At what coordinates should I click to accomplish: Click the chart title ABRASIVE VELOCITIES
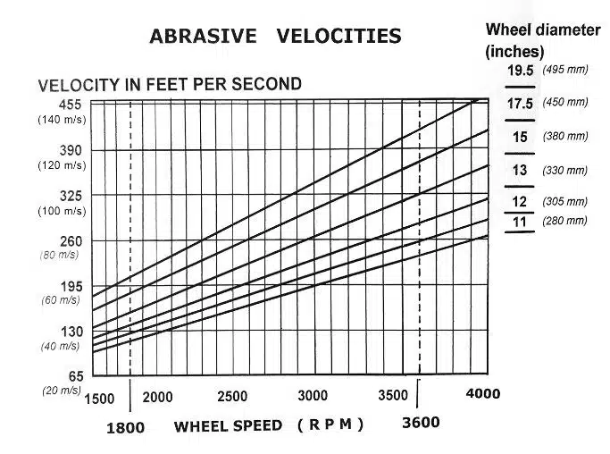274,37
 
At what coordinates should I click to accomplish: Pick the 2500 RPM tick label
232,397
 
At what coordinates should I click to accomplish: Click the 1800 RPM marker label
125,427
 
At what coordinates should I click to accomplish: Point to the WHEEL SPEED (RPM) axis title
269,425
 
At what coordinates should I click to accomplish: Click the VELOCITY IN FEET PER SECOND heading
170,85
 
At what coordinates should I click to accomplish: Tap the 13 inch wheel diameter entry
520,170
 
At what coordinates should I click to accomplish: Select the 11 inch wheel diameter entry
520,221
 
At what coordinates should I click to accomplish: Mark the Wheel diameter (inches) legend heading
542,40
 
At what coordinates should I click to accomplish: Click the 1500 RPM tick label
99,398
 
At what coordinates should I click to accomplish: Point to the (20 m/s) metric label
60,391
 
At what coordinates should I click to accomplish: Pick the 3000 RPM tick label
313,397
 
